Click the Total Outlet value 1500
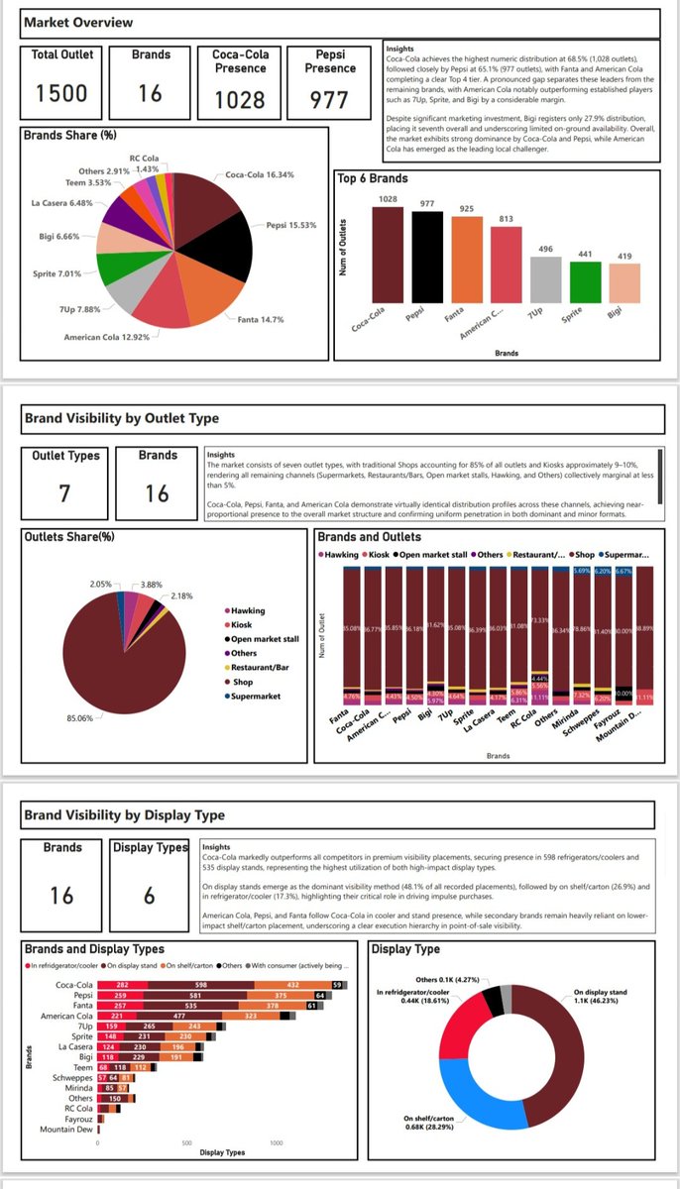[61, 94]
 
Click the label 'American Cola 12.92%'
[106, 338]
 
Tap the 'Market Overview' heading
[78, 22]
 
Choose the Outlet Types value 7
[63, 491]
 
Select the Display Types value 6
[148, 896]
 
